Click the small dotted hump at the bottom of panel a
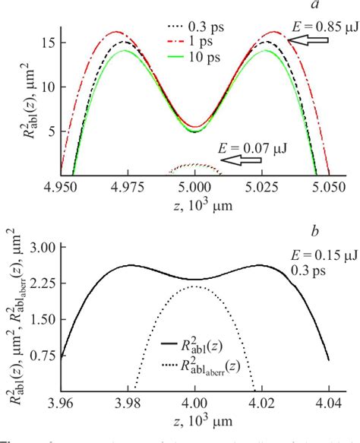click(195, 169)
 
